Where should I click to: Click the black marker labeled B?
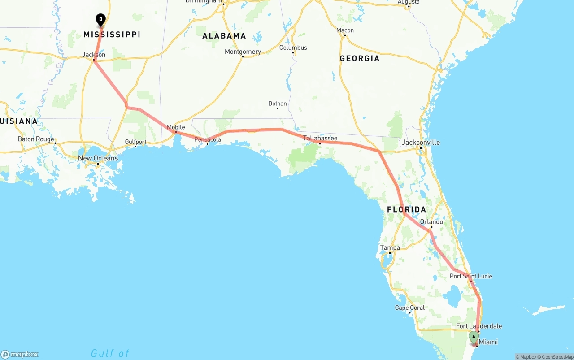pyautogui.click(x=100, y=20)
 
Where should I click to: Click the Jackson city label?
pyautogui.click(x=94, y=55)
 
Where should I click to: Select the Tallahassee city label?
pyautogui.click(x=320, y=138)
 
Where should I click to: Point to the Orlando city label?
pyautogui.click(x=431, y=222)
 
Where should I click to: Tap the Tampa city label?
pyautogui.click(x=390, y=247)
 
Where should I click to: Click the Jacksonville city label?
pyautogui.click(x=421, y=143)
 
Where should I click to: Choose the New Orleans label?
pyautogui.click(x=98, y=158)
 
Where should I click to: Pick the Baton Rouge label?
pyautogui.click(x=36, y=139)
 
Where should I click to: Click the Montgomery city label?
pyautogui.click(x=243, y=52)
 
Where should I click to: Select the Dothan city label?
pyautogui.click(x=277, y=104)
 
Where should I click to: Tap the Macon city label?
pyautogui.click(x=345, y=30)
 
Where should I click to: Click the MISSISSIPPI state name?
pyautogui.click(x=112, y=35)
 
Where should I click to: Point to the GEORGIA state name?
pyautogui.click(x=359, y=58)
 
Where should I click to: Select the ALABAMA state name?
pyautogui.click(x=224, y=36)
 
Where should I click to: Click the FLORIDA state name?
pyautogui.click(x=406, y=209)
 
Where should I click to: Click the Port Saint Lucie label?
pyautogui.click(x=471, y=276)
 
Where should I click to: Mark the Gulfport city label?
pyautogui.click(x=135, y=142)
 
